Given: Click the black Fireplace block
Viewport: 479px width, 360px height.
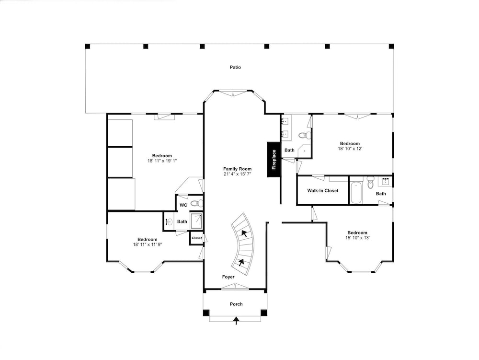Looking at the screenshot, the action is coord(274,159).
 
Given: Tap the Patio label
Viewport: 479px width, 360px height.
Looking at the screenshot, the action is coord(235,67).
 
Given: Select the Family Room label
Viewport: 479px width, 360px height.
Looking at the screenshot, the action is coord(238,169).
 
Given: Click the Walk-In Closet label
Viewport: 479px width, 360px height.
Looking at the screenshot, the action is coord(323,190).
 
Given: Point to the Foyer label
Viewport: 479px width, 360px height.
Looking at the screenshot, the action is coord(228,277).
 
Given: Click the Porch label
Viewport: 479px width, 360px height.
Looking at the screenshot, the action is coord(236,304).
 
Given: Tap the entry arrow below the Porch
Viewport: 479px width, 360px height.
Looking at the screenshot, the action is coord(236,321).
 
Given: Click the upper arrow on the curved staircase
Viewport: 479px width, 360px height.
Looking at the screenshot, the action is coord(244,233).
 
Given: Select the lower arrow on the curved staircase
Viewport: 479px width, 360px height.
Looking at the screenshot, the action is coord(241,262).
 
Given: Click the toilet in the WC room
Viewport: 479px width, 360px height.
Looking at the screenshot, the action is coord(197,203).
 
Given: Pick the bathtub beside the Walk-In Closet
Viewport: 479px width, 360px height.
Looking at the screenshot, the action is coord(356,193).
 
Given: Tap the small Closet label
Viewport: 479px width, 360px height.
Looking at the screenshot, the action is coord(197,238).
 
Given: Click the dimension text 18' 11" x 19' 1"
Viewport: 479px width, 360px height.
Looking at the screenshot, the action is coord(162,161).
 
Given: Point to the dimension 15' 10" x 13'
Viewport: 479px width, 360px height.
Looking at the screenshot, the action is coord(357,237).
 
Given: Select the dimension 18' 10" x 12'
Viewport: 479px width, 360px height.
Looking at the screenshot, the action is coord(350,149).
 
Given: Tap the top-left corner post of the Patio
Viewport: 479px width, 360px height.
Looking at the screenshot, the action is coord(88,46).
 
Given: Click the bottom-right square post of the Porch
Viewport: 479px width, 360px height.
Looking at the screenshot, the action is coord(264,313).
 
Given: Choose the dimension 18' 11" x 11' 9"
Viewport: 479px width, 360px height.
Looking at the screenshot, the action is coord(147,244).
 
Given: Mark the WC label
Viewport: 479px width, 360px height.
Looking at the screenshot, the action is coord(183,205).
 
